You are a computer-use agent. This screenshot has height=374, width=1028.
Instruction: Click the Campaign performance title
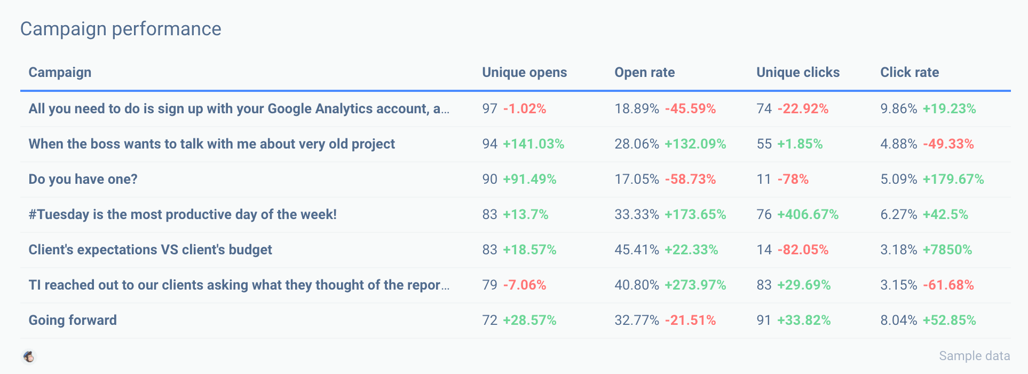tap(121, 29)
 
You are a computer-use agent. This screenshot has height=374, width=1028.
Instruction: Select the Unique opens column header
tap(524, 73)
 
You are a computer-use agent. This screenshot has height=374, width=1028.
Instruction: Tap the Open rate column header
tap(644, 73)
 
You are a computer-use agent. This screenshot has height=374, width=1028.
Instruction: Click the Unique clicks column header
tap(797, 73)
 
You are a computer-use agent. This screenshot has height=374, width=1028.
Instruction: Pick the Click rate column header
tap(909, 73)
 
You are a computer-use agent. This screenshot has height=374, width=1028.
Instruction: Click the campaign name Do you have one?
tap(83, 179)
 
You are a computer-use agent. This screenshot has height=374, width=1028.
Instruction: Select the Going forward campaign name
tap(73, 320)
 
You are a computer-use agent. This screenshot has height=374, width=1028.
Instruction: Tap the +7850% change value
tap(947, 250)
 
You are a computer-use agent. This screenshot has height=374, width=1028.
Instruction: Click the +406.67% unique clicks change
tap(808, 214)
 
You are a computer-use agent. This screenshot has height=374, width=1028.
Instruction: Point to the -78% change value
tap(793, 179)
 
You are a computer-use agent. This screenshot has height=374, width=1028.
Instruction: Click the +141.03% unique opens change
tap(533, 144)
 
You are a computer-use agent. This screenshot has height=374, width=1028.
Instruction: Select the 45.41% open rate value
tap(636, 250)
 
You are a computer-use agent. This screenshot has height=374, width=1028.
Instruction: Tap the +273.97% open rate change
tap(695, 285)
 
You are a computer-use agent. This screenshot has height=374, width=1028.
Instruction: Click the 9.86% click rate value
tap(898, 108)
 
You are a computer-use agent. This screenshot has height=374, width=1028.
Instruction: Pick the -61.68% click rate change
tap(948, 285)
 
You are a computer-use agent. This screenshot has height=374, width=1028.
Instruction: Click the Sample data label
tap(974, 356)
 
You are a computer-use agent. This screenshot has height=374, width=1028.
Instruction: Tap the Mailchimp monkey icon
tap(29, 356)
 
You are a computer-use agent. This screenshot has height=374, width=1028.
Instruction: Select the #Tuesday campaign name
tap(183, 214)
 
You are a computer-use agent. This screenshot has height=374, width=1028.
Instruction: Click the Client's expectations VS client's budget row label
tap(150, 250)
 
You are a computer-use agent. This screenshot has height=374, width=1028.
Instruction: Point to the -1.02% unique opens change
tap(524, 108)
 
